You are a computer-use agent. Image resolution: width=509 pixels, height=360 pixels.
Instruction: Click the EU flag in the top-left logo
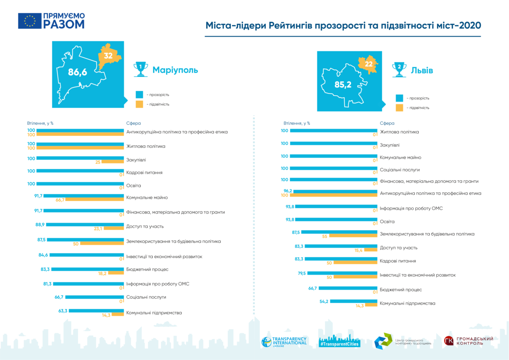(30, 21)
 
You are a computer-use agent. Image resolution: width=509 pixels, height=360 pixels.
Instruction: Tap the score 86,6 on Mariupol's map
(78, 73)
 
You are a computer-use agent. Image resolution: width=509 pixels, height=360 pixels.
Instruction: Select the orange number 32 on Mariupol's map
(108, 56)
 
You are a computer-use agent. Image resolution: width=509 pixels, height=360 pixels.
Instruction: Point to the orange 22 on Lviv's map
(368, 64)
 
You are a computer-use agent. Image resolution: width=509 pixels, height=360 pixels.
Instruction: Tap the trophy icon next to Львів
(399, 70)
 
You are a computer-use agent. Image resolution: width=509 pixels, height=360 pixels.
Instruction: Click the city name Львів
(422, 70)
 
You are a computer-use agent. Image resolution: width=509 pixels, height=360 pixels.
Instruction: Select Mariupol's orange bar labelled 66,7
(95, 199)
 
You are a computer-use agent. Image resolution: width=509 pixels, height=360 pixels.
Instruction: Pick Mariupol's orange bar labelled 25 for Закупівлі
(112, 162)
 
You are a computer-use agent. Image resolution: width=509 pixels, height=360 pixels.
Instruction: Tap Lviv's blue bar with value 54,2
(354, 301)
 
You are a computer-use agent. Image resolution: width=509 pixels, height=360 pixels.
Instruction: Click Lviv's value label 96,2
(288, 191)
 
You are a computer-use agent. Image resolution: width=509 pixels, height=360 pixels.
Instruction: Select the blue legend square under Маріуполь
(140, 94)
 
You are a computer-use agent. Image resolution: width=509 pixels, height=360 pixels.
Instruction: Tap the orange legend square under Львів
(399, 108)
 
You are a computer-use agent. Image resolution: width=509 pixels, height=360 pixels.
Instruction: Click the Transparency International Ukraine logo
(284, 341)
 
